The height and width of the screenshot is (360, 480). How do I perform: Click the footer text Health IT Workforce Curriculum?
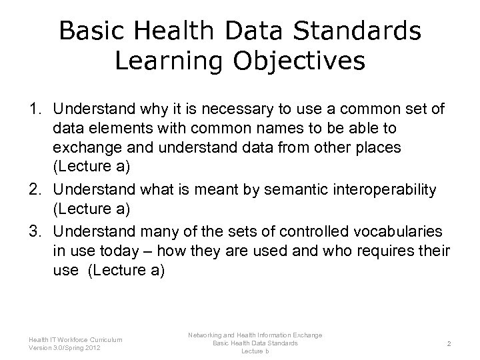(x=75, y=339)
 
